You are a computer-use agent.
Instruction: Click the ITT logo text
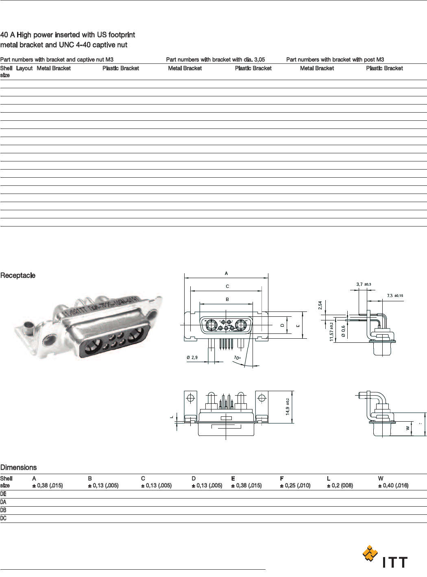394,562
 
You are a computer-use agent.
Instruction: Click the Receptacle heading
18,276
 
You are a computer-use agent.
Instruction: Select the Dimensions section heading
19,468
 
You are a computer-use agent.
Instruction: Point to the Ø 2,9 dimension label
192,357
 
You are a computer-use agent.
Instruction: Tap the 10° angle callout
237,358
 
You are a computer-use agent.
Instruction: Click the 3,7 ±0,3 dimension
363,284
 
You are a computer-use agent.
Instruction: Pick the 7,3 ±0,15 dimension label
394,296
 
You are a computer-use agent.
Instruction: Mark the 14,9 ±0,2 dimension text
288,407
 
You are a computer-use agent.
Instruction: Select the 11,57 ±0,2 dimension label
332,331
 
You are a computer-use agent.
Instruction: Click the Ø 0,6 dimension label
343,331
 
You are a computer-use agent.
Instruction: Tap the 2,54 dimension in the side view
320,305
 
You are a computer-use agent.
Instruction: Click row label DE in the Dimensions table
4,494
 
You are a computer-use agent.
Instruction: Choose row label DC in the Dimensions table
4,518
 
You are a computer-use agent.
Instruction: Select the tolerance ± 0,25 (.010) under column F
295,486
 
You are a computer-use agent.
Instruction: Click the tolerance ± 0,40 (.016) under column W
393,486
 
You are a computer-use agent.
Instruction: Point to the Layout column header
24,68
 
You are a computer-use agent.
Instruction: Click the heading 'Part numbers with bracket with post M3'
335,59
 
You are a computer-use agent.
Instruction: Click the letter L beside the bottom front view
172,416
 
